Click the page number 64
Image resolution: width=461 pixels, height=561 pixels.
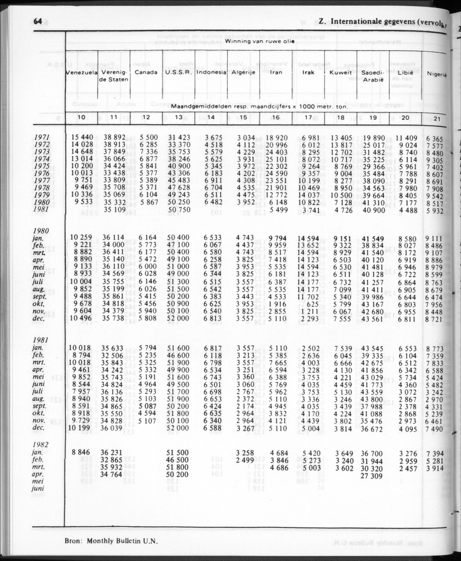37,22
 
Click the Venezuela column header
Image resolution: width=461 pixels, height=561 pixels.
81,72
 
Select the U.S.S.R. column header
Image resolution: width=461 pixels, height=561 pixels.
178,72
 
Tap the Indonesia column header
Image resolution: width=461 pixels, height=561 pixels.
211,72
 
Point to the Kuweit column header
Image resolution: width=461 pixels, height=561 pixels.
341,72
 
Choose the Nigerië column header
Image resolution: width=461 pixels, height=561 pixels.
436,74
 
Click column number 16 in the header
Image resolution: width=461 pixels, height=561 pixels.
276,117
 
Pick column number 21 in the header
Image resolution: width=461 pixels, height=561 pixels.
437,119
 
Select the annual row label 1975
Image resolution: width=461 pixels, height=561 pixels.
42,166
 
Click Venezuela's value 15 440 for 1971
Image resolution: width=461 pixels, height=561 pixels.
83,138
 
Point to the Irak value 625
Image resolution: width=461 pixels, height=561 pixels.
311,305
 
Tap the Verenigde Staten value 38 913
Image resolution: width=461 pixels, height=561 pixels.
115,145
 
